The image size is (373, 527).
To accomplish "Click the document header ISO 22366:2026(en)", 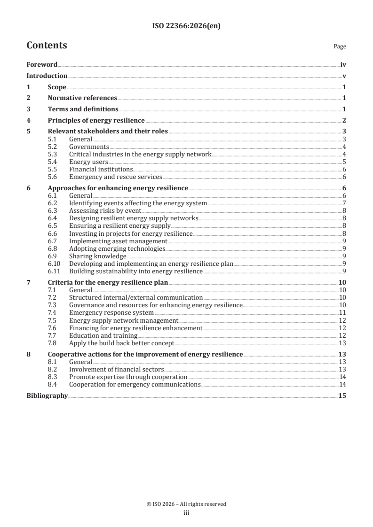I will point(186,26).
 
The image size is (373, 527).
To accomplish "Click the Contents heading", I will point(47,46).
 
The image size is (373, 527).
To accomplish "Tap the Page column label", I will point(340,46).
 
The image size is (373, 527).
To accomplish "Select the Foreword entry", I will point(42,65).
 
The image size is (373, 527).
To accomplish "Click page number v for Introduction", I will point(344,76).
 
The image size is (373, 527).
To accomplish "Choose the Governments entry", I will point(89,147).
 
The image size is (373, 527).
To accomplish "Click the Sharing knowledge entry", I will point(97,256).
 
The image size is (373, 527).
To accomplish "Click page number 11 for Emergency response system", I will point(343,312).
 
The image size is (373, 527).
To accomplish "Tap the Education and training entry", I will point(103,335).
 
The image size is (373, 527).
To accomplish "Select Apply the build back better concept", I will point(121,343).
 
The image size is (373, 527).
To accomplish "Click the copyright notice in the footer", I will point(186,504).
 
